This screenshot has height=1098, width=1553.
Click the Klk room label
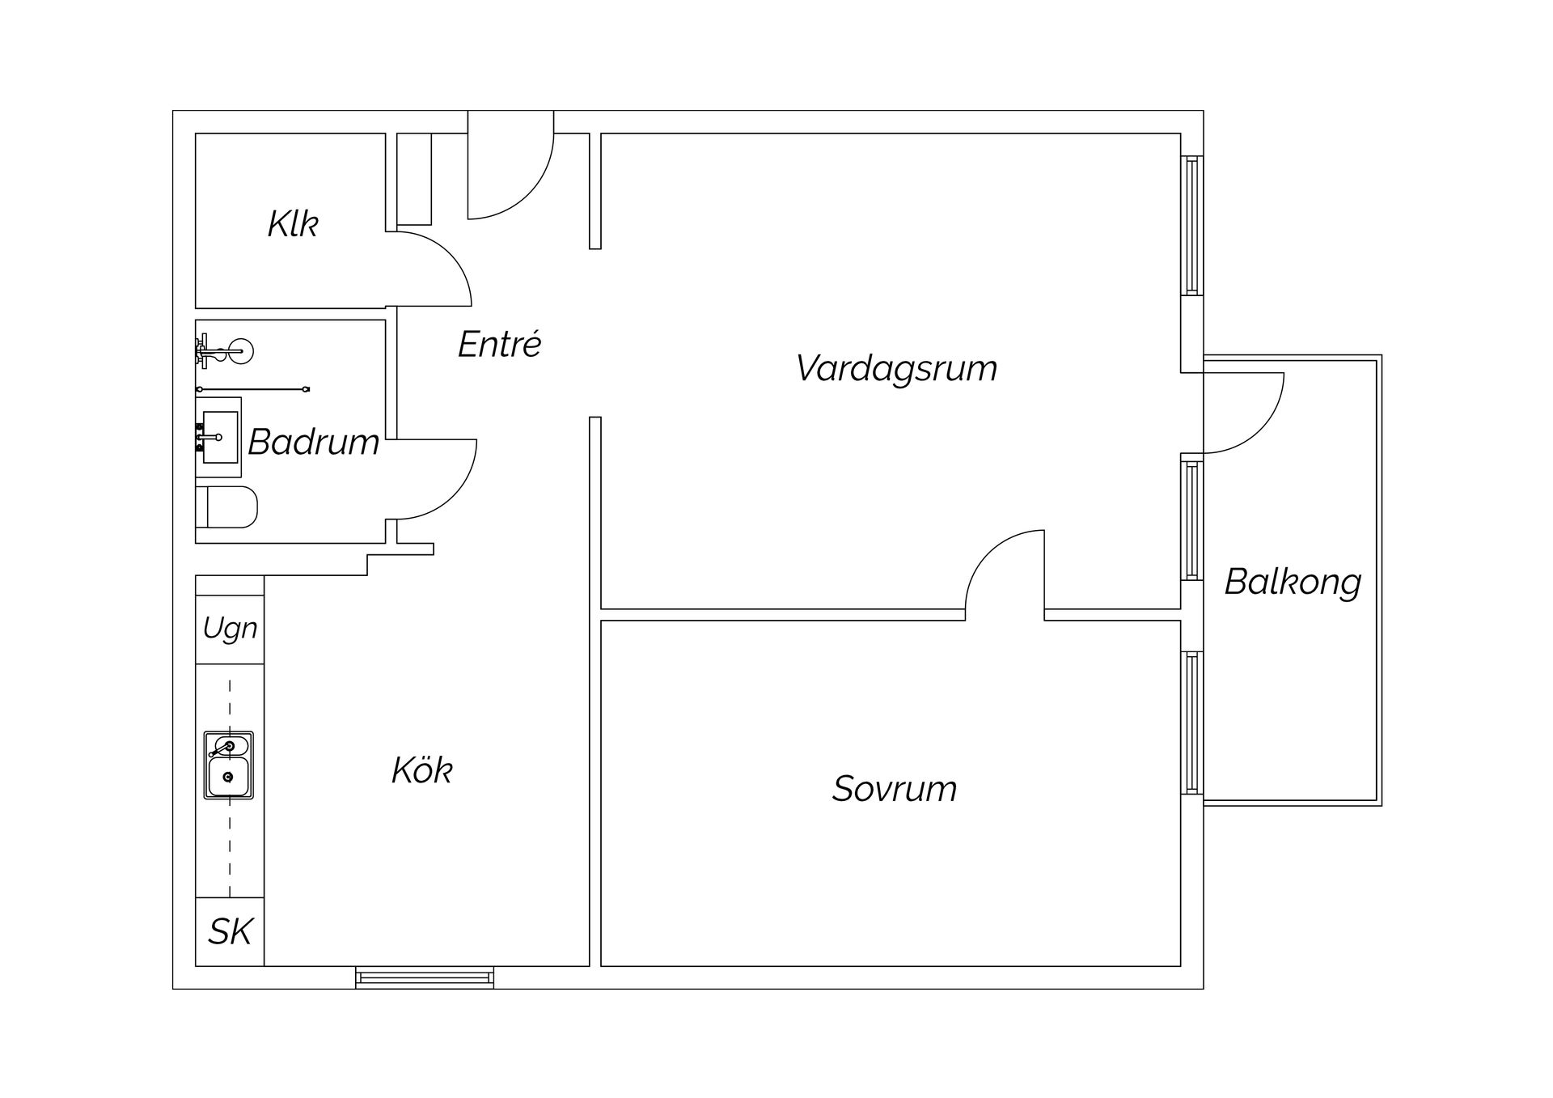293,224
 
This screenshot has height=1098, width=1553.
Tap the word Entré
499,345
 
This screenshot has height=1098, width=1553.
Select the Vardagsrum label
896,368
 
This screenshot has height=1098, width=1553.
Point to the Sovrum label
895,789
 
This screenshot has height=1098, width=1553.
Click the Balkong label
1293,582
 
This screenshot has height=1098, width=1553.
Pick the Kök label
421,770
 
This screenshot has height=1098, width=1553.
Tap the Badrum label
314,442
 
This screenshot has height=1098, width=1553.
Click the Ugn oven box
230,629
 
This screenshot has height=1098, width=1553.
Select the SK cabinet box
230,931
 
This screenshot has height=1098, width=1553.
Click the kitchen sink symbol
229,765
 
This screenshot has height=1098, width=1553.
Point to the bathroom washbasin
219,437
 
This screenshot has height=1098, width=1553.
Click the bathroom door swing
437,479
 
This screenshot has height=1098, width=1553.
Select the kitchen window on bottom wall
425,977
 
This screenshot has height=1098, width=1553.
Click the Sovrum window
1192,723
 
